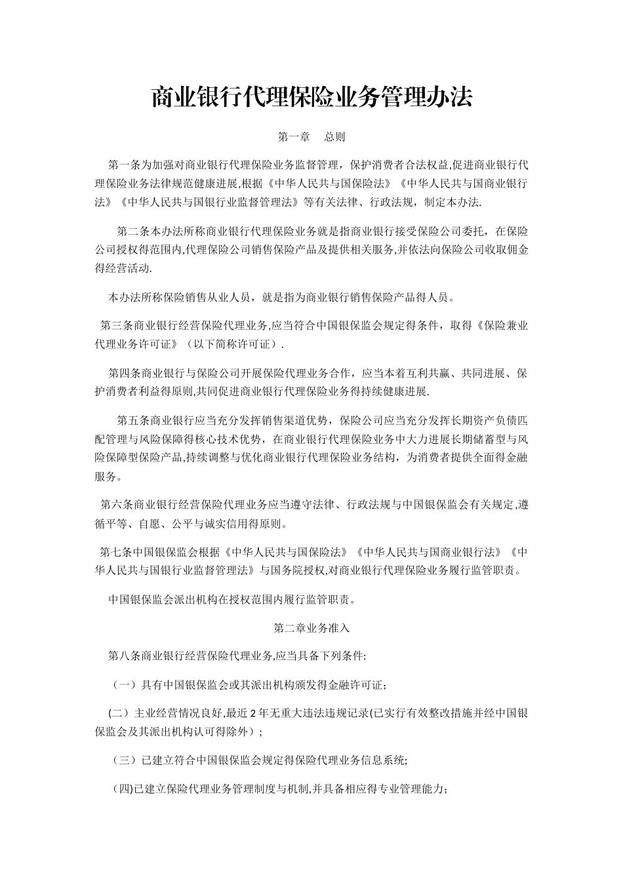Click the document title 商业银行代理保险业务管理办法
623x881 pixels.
tap(311, 97)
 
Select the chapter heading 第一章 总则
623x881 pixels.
tap(311, 137)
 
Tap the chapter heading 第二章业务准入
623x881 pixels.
tap(311, 627)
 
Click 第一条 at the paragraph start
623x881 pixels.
tap(121, 163)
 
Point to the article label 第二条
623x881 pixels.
tap(130, 231)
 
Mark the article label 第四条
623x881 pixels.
tap(121, 373)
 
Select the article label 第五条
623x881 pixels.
tap(130, 420)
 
